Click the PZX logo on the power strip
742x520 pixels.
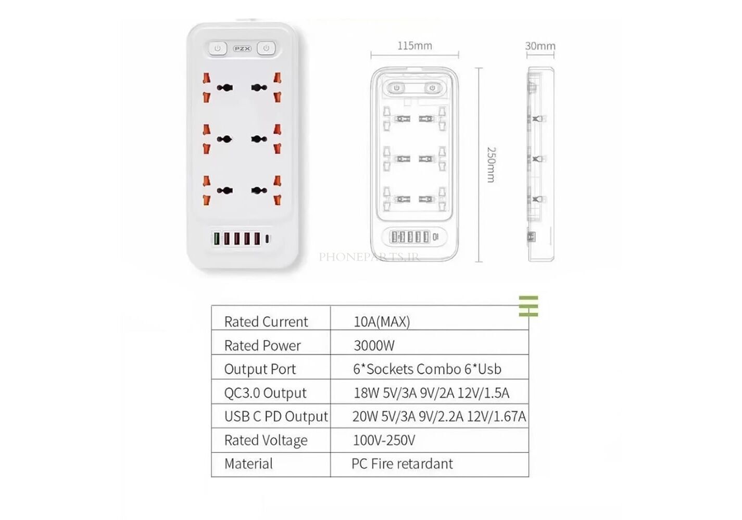[242, 49]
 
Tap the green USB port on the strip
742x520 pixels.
[217, 239]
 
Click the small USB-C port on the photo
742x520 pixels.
[267, 239]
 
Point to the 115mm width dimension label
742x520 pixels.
[414, 46]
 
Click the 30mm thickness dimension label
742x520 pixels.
[540, 46]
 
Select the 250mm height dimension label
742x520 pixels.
[491, 165]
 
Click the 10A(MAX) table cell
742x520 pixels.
[382, 321]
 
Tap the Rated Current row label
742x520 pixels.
[266, 321]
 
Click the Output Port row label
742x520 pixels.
[260, 369]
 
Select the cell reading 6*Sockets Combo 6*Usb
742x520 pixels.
[427, 369]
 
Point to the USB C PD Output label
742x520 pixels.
[276, 417]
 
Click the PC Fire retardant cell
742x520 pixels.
[402, 464]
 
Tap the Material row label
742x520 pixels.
[248, 464]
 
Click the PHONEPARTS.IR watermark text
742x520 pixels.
[369, 257]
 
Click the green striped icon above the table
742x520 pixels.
[529, 306]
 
